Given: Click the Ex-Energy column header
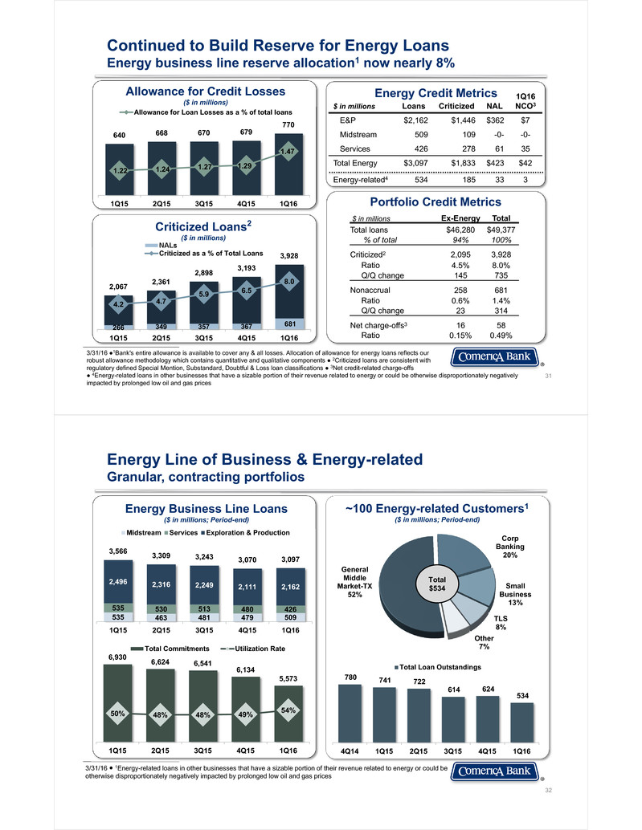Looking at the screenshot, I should coord(460,218).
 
